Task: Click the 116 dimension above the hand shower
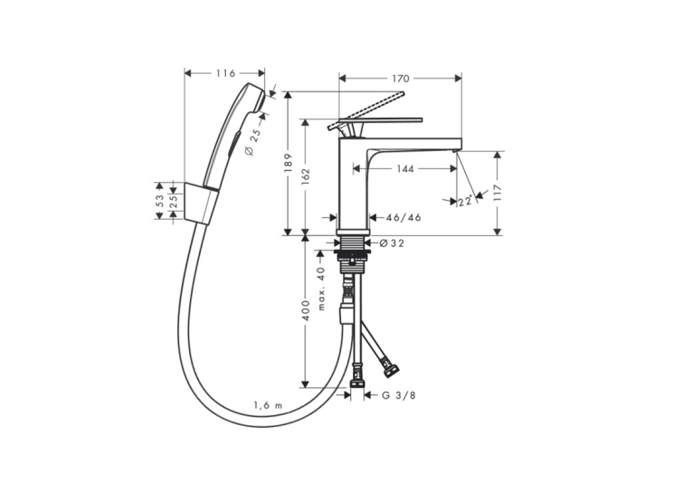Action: pyautogui.click(x=225, y=73)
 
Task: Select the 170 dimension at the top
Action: pyautogui.click(x=401, y=79)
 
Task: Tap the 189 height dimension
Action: pyautogui.click(x=288, y=163)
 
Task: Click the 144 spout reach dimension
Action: pyautogui.click(x=404, y=168)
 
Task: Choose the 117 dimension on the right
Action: pyautogui.click(x=498, y=194)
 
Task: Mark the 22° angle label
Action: pyautogui.click(x=465, y=202)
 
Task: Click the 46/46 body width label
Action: pyautogui.click(x=403, y=217)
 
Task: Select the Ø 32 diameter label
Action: pyautogui.click(x=392, y=243)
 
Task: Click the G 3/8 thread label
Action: pyautogui.click(x=399, y=395)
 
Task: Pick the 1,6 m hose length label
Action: pyautogui.click(x=268, y=405)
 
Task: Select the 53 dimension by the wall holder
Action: pyautogui.click(x=160, y=201)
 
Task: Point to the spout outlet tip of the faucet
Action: pyautogui.click(x=454, y=150)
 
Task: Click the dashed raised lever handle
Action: pyautogui.click(x=366, y=111)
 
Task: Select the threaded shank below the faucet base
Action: pyautogui.click(x=352, y=242)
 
